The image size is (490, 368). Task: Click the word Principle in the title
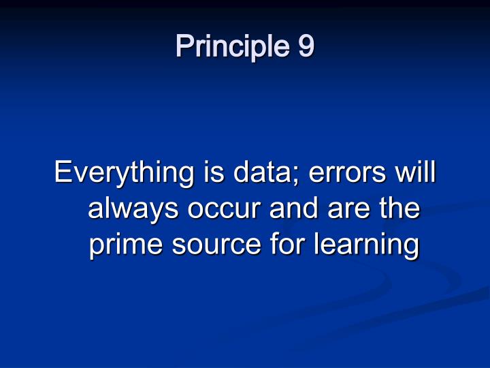click(x=231, y=47)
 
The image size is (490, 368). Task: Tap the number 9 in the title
click(x=306, y=46)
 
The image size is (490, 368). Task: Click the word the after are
click(x=399, y=209)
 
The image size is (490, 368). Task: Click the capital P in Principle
click(x=184, y=46)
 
